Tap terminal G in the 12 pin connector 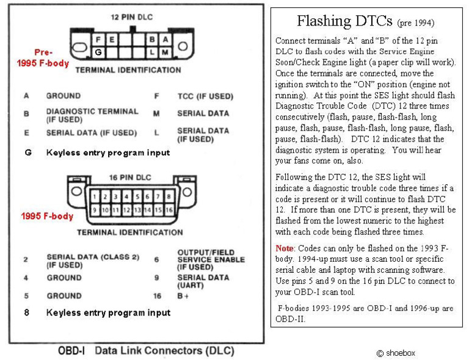click(98, 52)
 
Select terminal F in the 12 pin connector click(98, 40)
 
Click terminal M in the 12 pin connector click(164, 52)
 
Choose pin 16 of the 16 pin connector click(169, 210)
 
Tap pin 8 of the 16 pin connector click(169, 197)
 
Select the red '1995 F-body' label click(47, 216)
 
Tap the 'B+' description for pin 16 click(183, 296)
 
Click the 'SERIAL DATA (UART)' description click(203, 281)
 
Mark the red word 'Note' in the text click(285, 248)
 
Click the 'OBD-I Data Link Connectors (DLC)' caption click(145, 351)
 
